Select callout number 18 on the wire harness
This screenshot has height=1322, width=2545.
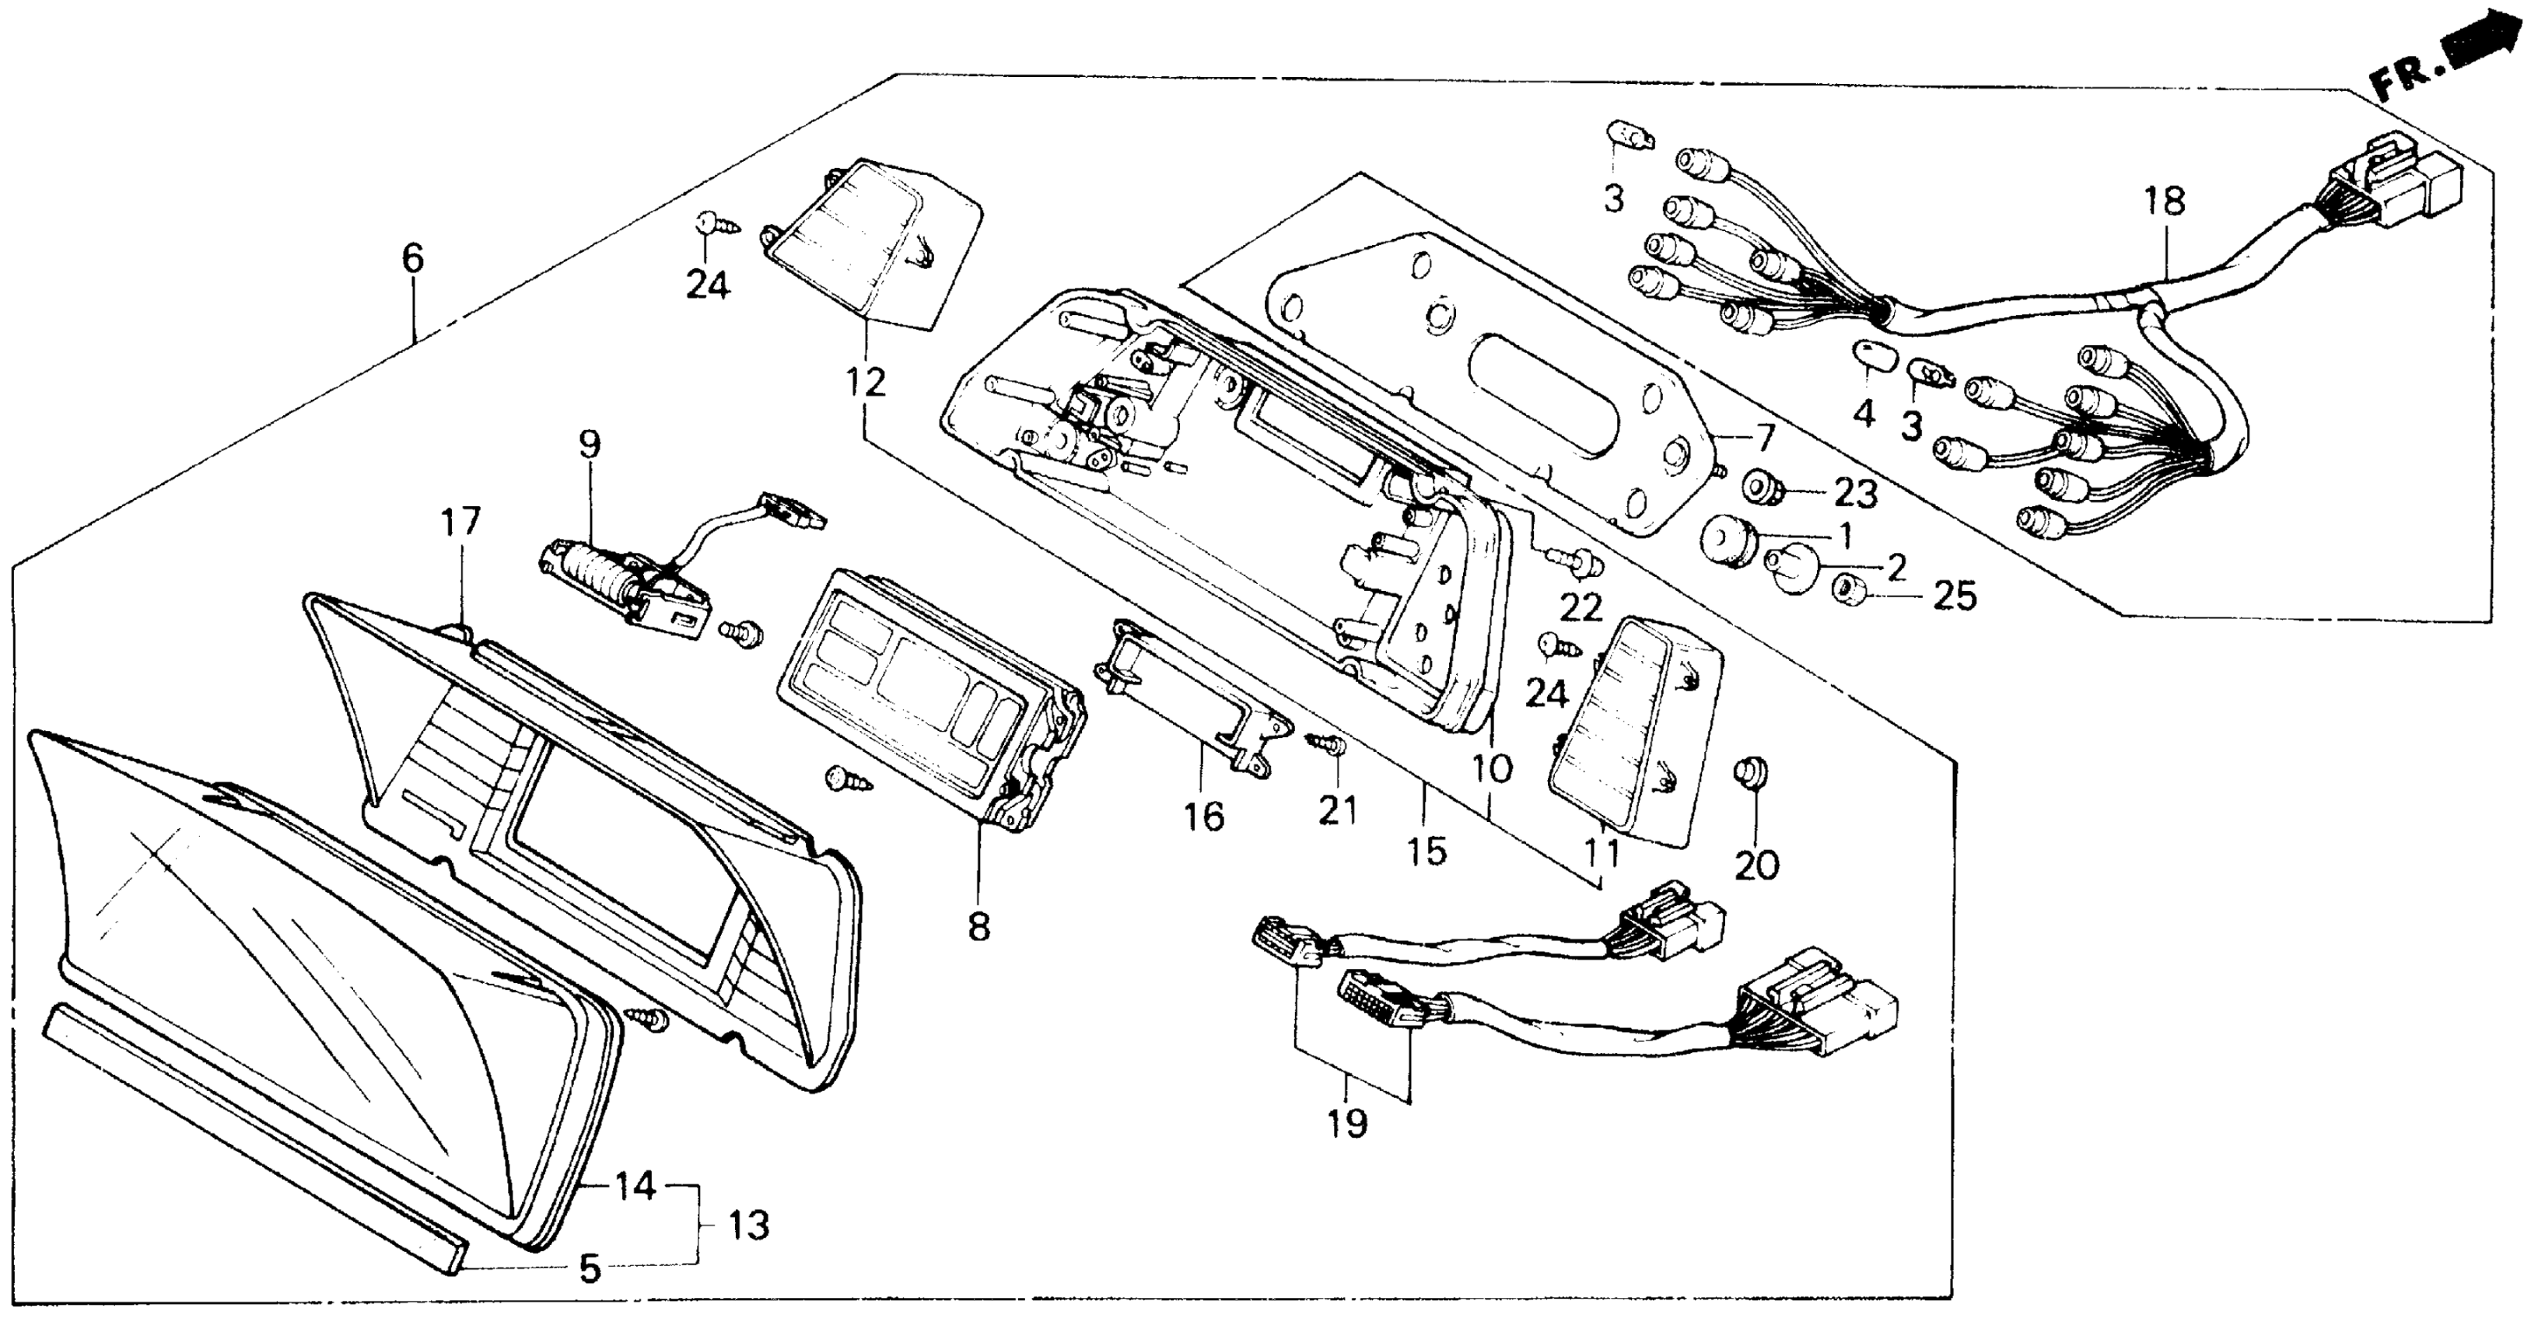point(2164,201)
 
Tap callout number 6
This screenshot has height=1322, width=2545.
point(412,259)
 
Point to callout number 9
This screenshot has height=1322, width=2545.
point(589,445)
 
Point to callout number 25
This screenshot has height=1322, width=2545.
point(1953,596)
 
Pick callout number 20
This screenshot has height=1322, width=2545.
point(1756,866)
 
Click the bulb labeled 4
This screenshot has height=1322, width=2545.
point(1864,354)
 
